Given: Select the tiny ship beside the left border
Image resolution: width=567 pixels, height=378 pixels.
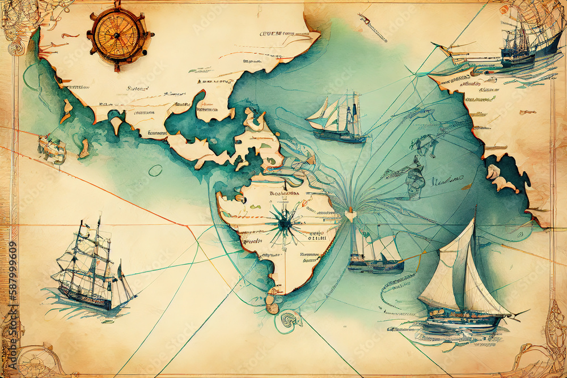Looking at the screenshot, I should pyautogui.click(x=51, y=148).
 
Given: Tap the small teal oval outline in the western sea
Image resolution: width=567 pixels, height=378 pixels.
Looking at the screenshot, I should pyautogui.click(x=155, y=170).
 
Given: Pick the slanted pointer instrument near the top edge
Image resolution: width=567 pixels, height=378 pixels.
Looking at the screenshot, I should pyautogui.click(x=373, y=27).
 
